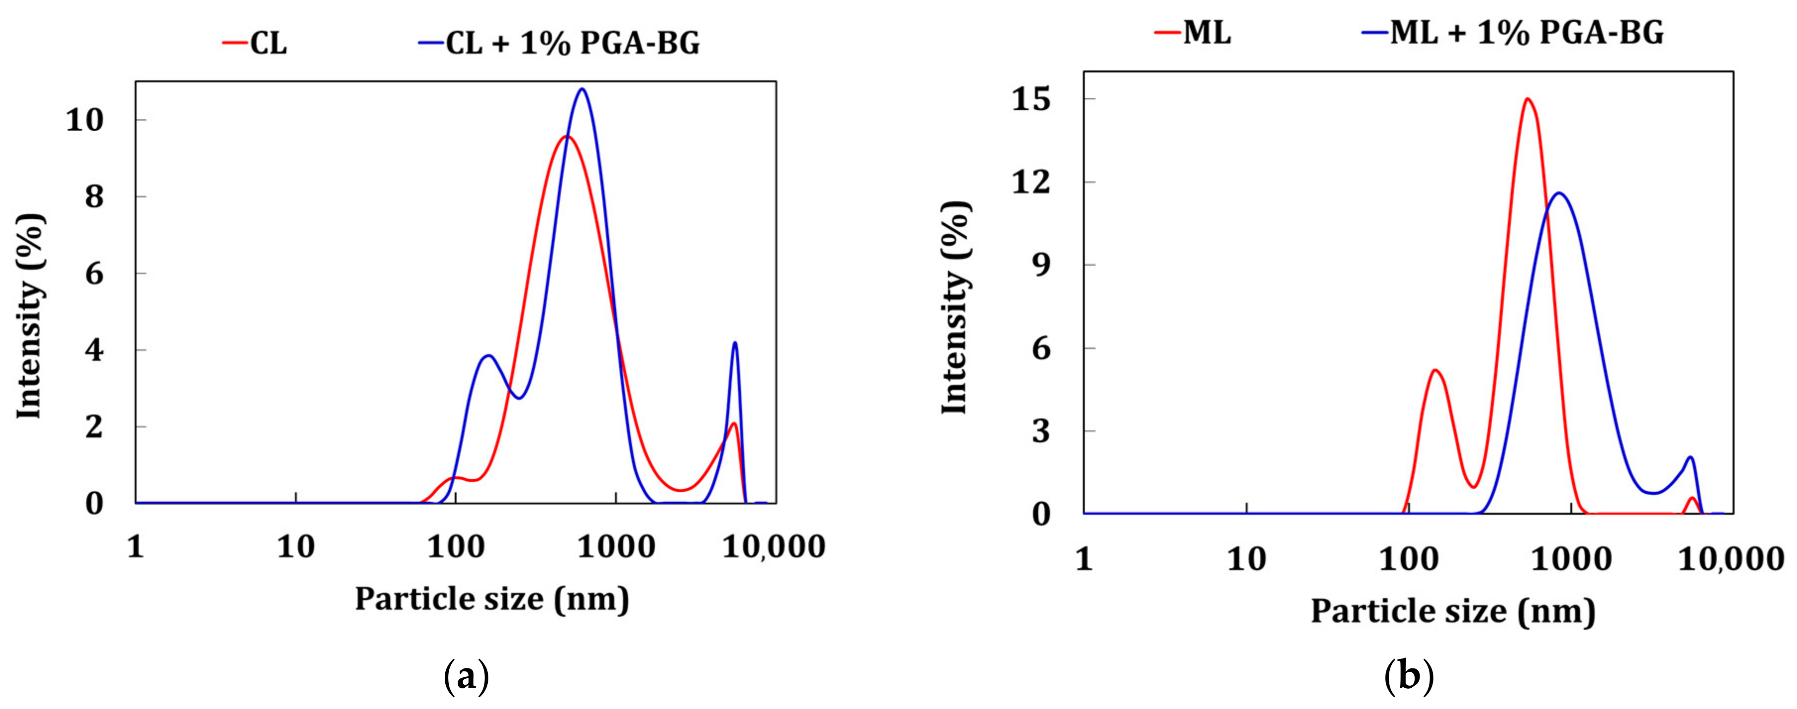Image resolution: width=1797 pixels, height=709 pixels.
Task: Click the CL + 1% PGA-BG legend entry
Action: (x=559, y=43)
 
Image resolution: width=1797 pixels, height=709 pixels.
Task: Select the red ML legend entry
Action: (x=1193, y=32)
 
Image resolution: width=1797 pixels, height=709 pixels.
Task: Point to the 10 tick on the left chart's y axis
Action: (x=85, y=121)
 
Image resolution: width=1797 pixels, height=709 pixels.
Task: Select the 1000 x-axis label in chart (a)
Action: (x=616, y=547)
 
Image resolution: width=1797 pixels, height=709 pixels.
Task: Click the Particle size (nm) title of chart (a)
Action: (x=492, y=598)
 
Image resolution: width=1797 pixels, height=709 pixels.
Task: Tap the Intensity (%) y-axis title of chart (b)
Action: (x=955, y=307)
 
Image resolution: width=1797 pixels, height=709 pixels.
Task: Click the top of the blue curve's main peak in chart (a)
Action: (x=582, y=89)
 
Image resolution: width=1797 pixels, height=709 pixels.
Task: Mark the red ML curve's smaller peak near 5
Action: (x=1435, y=370)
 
